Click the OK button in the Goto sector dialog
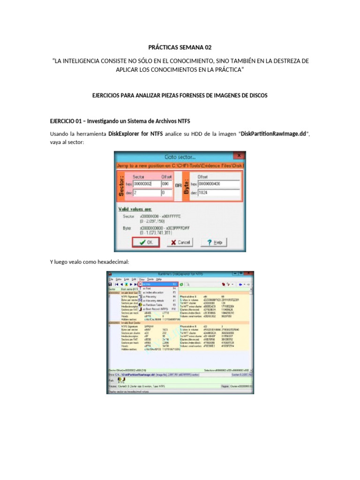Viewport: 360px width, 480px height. click(146, 242)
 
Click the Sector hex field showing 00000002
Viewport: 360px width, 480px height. click(146, 184)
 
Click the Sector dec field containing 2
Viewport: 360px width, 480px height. click(146, 192)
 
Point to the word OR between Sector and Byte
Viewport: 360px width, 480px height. click(178, 185)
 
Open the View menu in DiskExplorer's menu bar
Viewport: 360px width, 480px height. click(142, 279)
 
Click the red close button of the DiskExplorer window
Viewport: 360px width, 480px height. click(249, 273)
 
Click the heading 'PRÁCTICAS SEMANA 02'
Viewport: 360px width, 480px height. click(180, 47)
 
